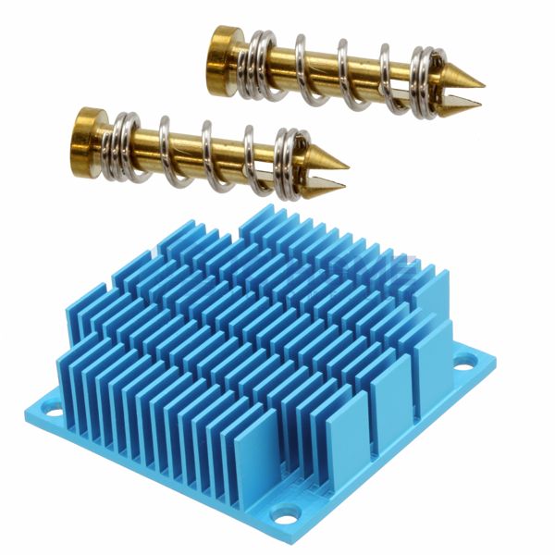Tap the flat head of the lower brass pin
[x=88, y=131]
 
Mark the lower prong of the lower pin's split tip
[x=324, y=185]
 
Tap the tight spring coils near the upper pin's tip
[x=424, y=78]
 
